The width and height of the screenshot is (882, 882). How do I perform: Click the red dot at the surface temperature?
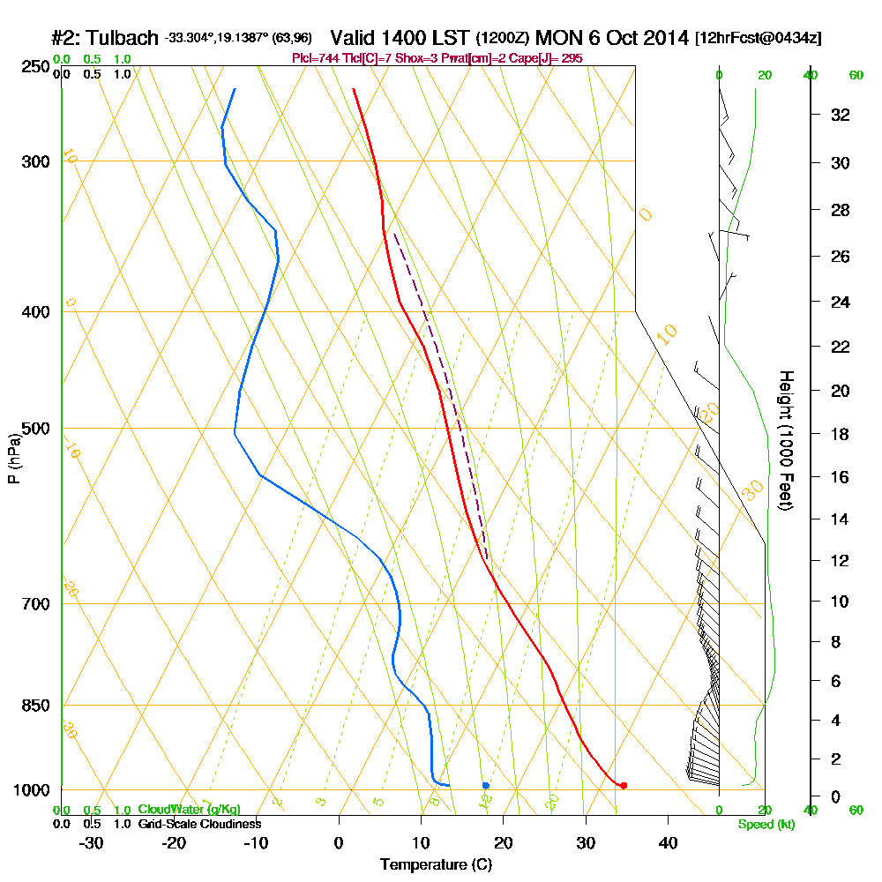pos(624,785)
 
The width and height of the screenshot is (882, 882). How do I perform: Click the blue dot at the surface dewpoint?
pos(486,785)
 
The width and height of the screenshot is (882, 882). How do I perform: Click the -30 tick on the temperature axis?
pos(92,842)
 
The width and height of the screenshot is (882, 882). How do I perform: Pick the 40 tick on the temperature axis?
pos(668,842)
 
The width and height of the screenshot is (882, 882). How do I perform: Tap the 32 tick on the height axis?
pos(841,115)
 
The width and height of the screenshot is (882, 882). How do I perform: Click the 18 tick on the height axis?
pos(841,434)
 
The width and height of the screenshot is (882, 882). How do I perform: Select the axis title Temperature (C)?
pos(436,864)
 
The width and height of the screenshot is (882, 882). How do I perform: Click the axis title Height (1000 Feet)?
pos(785,439)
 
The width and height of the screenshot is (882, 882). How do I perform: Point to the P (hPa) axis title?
pos(13,459)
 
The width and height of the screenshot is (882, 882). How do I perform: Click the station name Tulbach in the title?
pos(121,39)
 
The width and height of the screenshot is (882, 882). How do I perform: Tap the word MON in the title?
pos(557,39)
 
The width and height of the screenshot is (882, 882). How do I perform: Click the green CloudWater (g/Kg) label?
pos(189,810)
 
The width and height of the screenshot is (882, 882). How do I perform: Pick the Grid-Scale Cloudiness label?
pos(199,824)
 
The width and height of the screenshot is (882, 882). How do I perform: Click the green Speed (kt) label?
pos(765,824)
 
